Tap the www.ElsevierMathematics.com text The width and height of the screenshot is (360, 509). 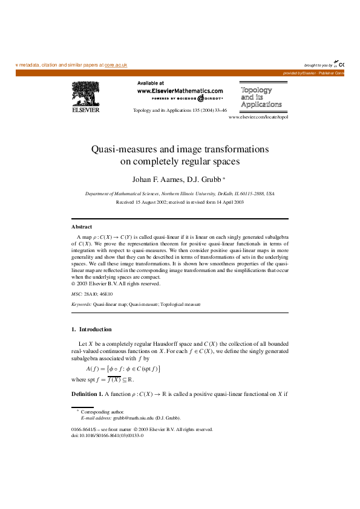180,90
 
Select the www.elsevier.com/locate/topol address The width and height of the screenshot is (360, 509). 258,117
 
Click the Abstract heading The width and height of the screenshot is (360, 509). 82,226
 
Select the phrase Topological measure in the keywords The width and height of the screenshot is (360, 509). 182,305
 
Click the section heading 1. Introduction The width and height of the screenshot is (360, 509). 91,329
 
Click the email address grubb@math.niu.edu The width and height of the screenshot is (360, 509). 133,418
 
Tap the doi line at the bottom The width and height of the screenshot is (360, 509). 107,435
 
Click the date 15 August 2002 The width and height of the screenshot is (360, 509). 146,203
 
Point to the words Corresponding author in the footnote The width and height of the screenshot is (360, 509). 104,412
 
